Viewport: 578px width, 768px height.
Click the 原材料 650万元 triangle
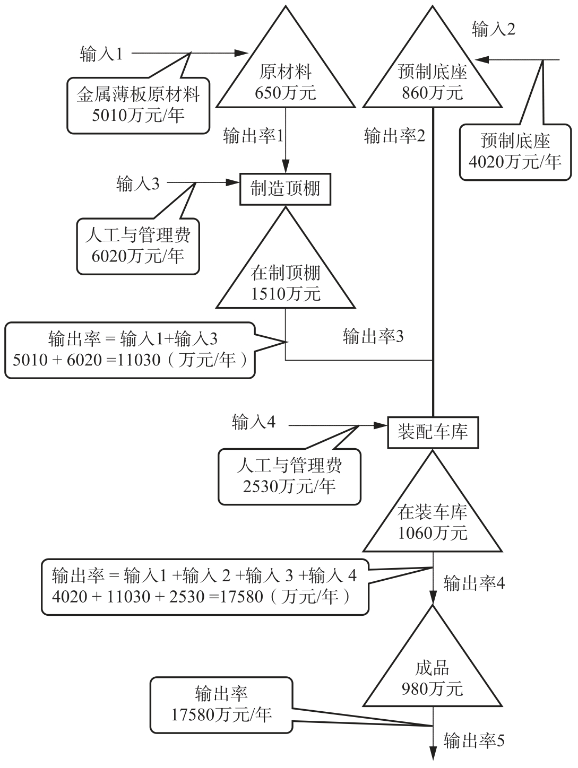(x=286, y=80)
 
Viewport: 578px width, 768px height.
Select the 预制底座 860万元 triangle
(x=433, y=80)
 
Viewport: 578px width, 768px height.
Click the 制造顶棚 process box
(x=286, y=189)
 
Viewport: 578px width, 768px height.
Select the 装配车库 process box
(x=433, y=432)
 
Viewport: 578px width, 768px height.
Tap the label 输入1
(x=101, y=54)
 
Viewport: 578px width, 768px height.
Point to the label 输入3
(x=137, y=184)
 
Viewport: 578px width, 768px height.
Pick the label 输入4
(x=254, y=423)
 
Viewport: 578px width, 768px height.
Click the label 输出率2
(x=394, y=136)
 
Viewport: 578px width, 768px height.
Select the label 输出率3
(x=373, y=336)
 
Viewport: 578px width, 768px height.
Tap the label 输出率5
(x=474, y=740)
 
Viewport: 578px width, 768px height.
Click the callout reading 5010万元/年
(x=138, y=105)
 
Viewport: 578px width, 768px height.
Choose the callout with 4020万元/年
(x=515, y=151)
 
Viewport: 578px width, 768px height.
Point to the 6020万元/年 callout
(x=138, y=246)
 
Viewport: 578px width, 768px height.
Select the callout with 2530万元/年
(x=289, y=476)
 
